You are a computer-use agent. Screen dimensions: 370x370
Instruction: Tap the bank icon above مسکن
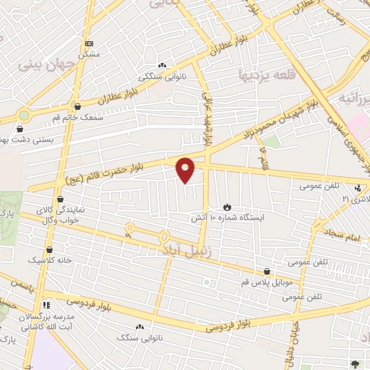[x=88, y=43]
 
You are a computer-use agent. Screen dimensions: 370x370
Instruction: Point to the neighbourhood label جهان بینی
[x=40, y=64]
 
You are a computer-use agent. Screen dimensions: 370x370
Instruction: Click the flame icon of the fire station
[x=228, y=206]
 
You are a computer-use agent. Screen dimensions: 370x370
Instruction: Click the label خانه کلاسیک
[x=46, y=259]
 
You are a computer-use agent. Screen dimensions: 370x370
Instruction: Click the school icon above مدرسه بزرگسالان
[x=46, y=305]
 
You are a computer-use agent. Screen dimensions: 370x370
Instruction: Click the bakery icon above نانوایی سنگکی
[x=162, y=66]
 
